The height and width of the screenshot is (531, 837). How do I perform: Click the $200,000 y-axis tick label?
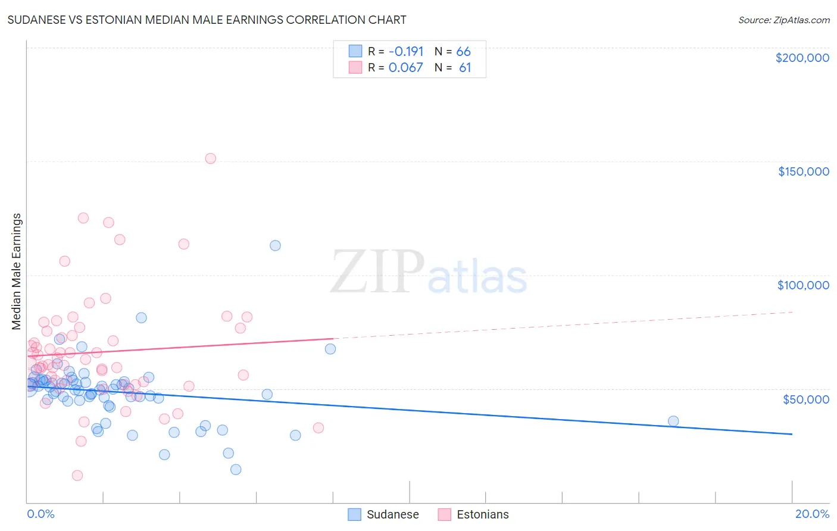802,58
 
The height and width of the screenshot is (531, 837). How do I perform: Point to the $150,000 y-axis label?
803,171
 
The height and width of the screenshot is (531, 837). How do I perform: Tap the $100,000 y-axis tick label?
803,285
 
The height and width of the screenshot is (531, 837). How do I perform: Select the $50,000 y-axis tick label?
805,399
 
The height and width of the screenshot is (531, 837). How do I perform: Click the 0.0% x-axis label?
40,514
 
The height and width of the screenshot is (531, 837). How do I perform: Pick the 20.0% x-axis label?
812,514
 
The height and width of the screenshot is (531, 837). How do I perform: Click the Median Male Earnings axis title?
16,271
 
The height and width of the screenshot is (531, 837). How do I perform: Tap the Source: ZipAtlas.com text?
783,20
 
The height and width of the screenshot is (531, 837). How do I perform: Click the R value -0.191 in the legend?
406,52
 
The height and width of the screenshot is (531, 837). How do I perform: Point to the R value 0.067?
406,68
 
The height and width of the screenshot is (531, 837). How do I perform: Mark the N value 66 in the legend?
464,52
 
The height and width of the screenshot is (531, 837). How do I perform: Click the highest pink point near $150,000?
210,158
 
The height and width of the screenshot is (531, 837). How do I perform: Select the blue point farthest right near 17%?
673,421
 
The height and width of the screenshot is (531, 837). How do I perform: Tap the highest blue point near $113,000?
275,245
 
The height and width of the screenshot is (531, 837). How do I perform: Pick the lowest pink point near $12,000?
77,475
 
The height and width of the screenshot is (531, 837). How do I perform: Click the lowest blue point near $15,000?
236,469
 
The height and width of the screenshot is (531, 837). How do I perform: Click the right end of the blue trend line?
792,434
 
